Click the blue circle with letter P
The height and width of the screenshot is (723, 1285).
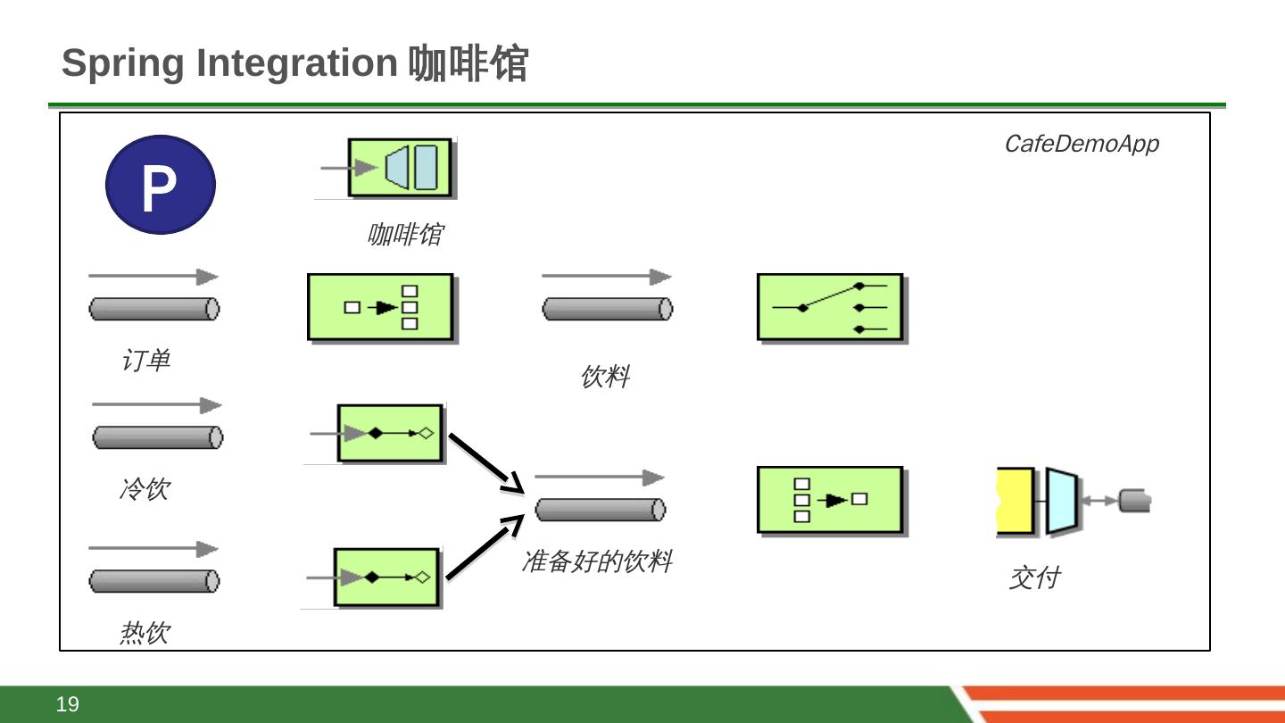(161, 185)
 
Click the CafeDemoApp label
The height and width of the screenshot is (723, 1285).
(1081, 144)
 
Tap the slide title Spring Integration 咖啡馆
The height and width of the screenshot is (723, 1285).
(294, 63)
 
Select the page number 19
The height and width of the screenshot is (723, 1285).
(68, 704)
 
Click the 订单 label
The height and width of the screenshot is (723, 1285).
(145, 361)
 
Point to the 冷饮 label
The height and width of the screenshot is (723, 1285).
(144, 489)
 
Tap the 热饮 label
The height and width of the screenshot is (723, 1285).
(145, 633)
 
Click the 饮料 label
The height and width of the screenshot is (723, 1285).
(605, 377)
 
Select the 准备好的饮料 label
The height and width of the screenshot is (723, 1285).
(596, 561)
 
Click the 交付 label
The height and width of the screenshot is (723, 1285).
(1033, 578)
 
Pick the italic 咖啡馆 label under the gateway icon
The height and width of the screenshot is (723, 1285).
(404, 235)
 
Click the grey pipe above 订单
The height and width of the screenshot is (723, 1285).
(153, 309)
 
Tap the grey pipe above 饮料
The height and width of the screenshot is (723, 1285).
(607, 309)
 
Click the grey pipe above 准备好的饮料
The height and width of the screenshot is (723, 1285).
(600, 510)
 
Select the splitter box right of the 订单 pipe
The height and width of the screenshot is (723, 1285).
(380, 307)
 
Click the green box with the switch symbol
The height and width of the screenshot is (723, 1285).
(830, 307)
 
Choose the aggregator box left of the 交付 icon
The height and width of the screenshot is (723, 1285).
(830, 500)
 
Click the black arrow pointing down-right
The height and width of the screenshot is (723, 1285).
(485, 462)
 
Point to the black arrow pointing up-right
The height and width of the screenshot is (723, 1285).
(485, 547)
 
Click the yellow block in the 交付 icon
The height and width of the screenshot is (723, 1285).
(1015, 501)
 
